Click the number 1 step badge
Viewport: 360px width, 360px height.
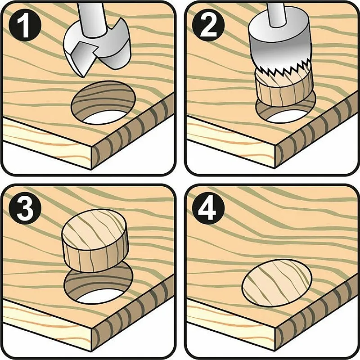click(25, 25)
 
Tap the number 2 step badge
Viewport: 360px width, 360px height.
click(208, 25)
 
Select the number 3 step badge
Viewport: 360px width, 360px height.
click(25, 208)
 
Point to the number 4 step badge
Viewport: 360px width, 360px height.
click(208, 208)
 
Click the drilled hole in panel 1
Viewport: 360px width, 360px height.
click(103, 103)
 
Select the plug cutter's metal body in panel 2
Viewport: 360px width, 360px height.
click(279, 41)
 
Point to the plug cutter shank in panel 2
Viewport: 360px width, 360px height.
click(277, 14)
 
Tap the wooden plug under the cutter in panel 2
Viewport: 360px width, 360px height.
click(284, 88)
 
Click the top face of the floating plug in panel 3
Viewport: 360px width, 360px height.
click(94, 229)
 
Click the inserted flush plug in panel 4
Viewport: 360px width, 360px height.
click(277, 283)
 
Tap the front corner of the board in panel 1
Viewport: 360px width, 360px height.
click(92, 147)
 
